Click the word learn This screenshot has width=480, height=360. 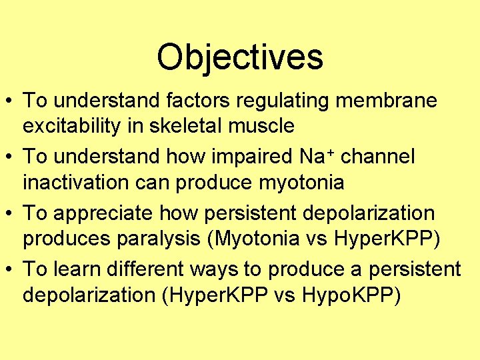click(x=74, y=269)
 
